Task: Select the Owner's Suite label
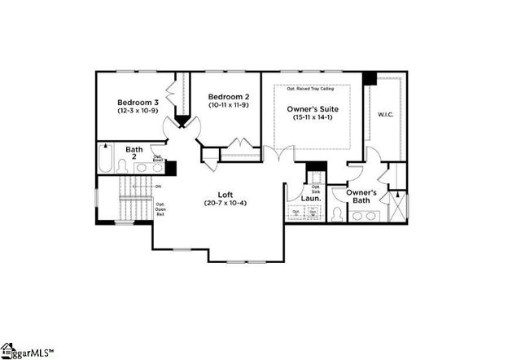click(x=313, y=108)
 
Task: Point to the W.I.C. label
click(x=386, y=115)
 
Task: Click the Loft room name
click(x=225, y=193)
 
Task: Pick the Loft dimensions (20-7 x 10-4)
click(x=225, y=202)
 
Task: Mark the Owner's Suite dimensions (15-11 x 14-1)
click(x=313, y=117)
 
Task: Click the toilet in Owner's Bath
click(x=338, y=215)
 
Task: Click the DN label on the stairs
click(x=158, y=186)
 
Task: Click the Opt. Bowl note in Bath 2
click(x=157, y=160)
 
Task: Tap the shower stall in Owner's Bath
click(x=396, y=206)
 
